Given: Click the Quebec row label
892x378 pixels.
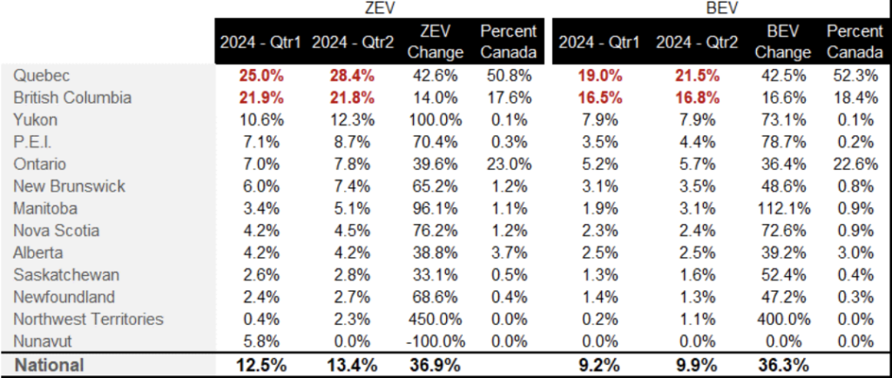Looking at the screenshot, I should [41, 75].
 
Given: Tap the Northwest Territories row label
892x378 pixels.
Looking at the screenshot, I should [88, 319].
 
